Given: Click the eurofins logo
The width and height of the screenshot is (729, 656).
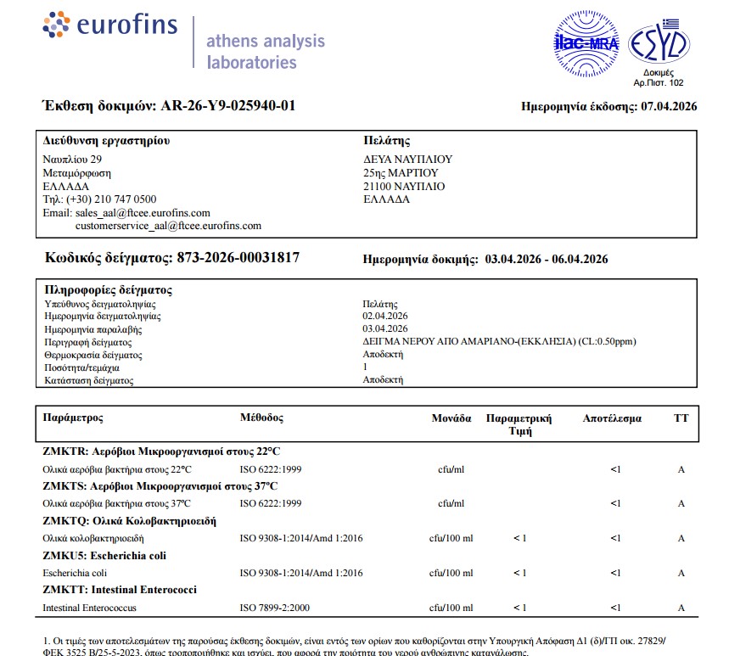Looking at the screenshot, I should (109, 25).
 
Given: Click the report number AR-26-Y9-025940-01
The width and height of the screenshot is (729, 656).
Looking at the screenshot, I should (228, 106).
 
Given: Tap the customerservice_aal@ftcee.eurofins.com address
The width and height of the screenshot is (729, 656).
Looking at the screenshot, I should (168, 226).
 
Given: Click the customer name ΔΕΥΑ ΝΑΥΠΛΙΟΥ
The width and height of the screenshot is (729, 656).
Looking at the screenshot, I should (407, 160).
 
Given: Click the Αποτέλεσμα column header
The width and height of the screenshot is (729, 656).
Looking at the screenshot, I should (612, 418).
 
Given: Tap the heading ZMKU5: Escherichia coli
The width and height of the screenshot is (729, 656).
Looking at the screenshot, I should (104, 556).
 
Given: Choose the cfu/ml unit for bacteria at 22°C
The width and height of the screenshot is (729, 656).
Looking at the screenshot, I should (451, 469).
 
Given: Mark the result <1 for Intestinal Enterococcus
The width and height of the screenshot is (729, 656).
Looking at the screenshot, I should (615, 608).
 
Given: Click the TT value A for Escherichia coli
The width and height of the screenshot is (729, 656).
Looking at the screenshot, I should (681, 574).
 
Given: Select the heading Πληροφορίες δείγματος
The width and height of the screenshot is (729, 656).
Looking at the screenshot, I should (108, 289).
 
